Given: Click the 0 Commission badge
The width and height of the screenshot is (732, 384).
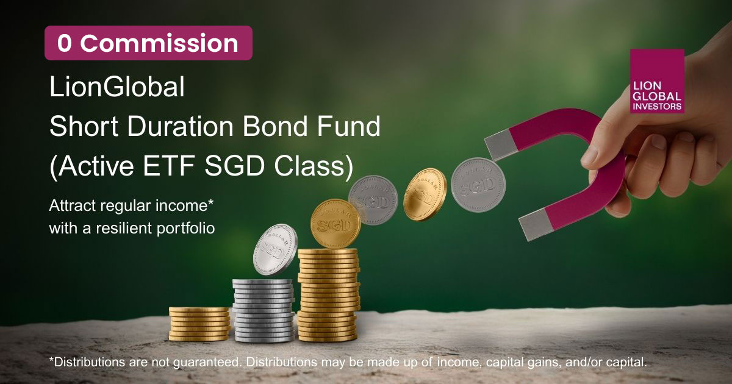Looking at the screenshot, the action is [x=148, y=43].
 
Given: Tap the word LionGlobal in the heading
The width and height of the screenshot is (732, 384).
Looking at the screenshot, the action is [x=117, y=87].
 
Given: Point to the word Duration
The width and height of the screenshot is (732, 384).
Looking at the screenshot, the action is [x=180, y=126].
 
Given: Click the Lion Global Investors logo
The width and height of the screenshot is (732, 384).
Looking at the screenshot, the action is [x=657, y=81].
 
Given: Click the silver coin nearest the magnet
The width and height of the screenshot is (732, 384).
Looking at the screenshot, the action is [x=478, y=185].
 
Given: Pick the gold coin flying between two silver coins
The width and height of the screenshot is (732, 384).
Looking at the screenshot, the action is [x=425, y=194].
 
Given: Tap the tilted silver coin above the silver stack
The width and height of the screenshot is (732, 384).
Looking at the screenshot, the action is [x=275, y=249].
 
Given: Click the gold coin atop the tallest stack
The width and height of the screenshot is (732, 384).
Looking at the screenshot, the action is [x=335, y=223].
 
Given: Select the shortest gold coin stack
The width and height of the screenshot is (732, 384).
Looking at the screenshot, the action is [x=199, y=324].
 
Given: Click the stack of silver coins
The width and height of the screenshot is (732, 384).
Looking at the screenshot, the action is [x=264, y=310].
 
